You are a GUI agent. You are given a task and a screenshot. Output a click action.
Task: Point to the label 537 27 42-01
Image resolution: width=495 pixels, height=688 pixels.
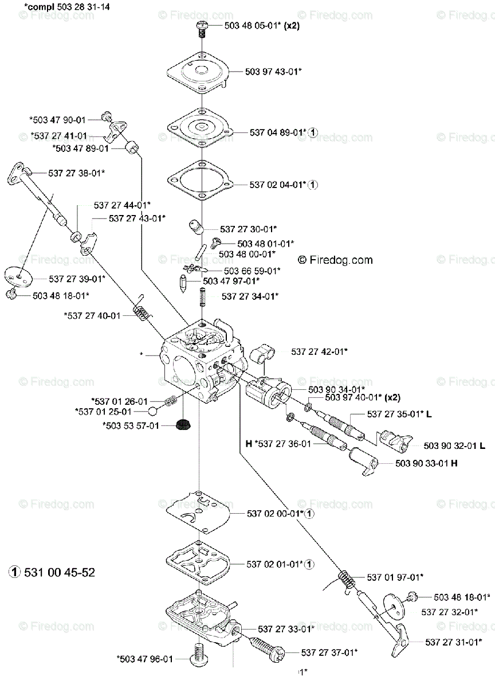click(319, 351)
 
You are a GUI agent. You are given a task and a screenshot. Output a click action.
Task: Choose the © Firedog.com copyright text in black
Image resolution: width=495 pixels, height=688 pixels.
click(335, 260)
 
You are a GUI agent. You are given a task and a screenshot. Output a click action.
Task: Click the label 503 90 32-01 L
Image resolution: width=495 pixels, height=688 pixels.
click(455, 445)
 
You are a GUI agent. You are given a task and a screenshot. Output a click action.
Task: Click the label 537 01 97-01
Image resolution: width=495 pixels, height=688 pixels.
click(395, 577)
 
